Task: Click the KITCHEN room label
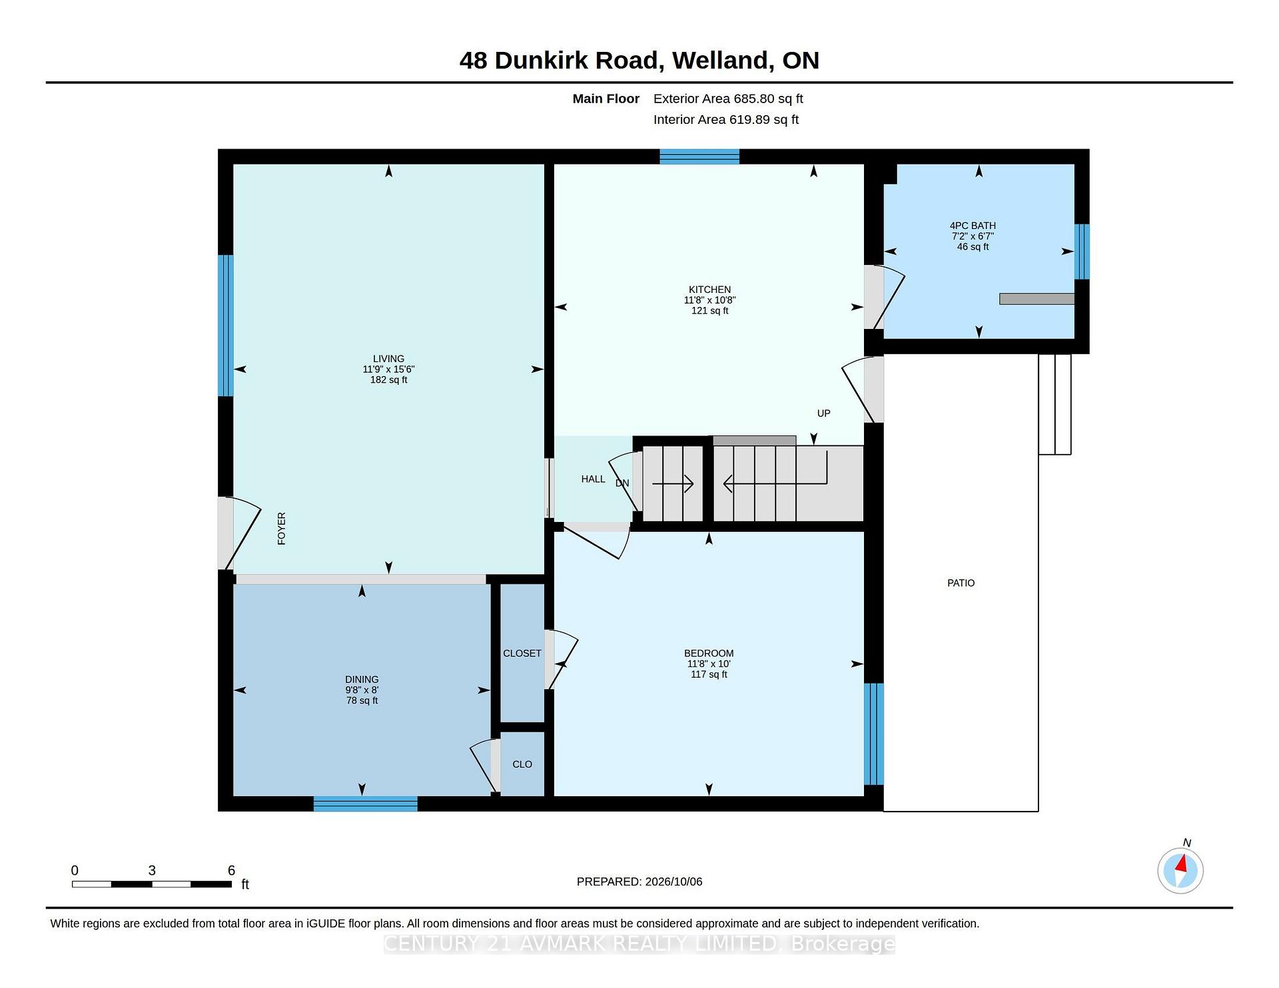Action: (709, 290)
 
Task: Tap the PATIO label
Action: (961, 583)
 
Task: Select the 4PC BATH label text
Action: (973, 226)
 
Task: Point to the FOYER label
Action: (281, 529)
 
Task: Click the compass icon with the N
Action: (1180, 870)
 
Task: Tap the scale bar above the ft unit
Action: (152, 884)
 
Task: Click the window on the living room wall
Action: (226, 326)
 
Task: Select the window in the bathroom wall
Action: (1082, 252)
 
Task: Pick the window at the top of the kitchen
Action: (699, 156)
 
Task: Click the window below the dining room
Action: (366, 804)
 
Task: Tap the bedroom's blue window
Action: (874, 734)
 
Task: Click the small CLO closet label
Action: (522, 764)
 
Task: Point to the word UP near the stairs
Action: (824, 413)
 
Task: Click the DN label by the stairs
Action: (622, 483)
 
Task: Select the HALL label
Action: (593, 479)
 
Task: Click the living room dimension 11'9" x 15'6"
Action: (388, 370)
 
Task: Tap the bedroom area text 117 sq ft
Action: (709, 674)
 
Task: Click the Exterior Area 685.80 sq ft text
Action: (728, 99)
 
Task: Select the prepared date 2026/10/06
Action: (673, 881)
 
